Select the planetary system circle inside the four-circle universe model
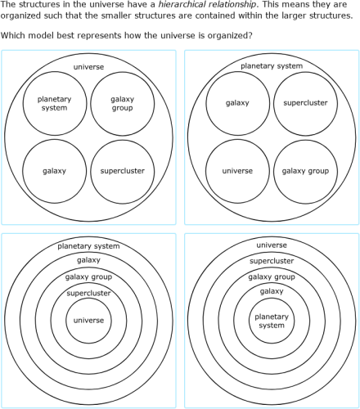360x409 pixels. click(54, 104)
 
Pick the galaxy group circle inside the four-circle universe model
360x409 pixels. click(122, 104)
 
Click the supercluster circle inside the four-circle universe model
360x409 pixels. click(122, 171)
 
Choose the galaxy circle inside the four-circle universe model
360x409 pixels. click(54, 171)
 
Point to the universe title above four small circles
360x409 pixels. click(88, 66)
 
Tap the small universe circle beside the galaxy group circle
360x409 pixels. click(237, 171)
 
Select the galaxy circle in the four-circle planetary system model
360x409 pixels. click(237, 104)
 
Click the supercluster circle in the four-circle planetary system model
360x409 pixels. click(305, 104)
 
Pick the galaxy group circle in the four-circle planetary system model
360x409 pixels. click(305, 171)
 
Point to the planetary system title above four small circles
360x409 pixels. click(272, 66)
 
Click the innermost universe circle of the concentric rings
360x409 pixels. click(88, 321)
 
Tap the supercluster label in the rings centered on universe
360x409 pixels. click(88, 293)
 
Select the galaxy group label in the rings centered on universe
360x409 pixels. click(88, 276)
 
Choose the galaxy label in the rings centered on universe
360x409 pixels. click(88, 260)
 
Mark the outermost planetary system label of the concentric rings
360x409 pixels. click(88, 245)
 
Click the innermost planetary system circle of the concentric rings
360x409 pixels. click(272, 321)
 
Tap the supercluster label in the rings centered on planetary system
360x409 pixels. click(272, 261)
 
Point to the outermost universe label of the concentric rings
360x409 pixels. click(272, 245)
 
